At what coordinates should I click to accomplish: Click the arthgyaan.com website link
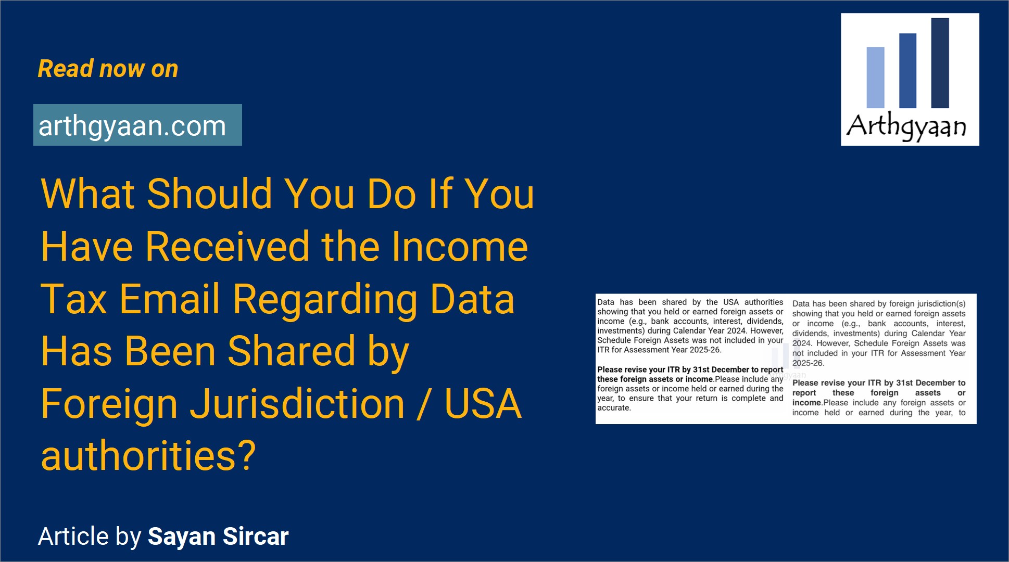pos(132,126)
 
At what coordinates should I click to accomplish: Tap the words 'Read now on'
pos(108,69)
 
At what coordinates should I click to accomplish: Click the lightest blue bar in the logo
pos(875,78)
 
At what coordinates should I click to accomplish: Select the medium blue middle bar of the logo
pos(907,71)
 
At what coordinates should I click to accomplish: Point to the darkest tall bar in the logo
pos(940,63)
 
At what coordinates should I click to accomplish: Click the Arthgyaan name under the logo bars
pos(906,126)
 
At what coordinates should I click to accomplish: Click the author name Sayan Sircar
pos(218,537)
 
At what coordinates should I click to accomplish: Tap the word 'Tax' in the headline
pos(73,299)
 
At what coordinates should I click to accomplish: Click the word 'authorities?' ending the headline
pos(148,456)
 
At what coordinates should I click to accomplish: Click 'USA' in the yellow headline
pos(483,404)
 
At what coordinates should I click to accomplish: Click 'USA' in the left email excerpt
pos(731,302)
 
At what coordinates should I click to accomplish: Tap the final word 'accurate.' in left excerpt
pos(614,408)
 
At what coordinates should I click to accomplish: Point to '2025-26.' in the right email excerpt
pos(808,363)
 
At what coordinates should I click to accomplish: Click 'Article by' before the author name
pos(90,537)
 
